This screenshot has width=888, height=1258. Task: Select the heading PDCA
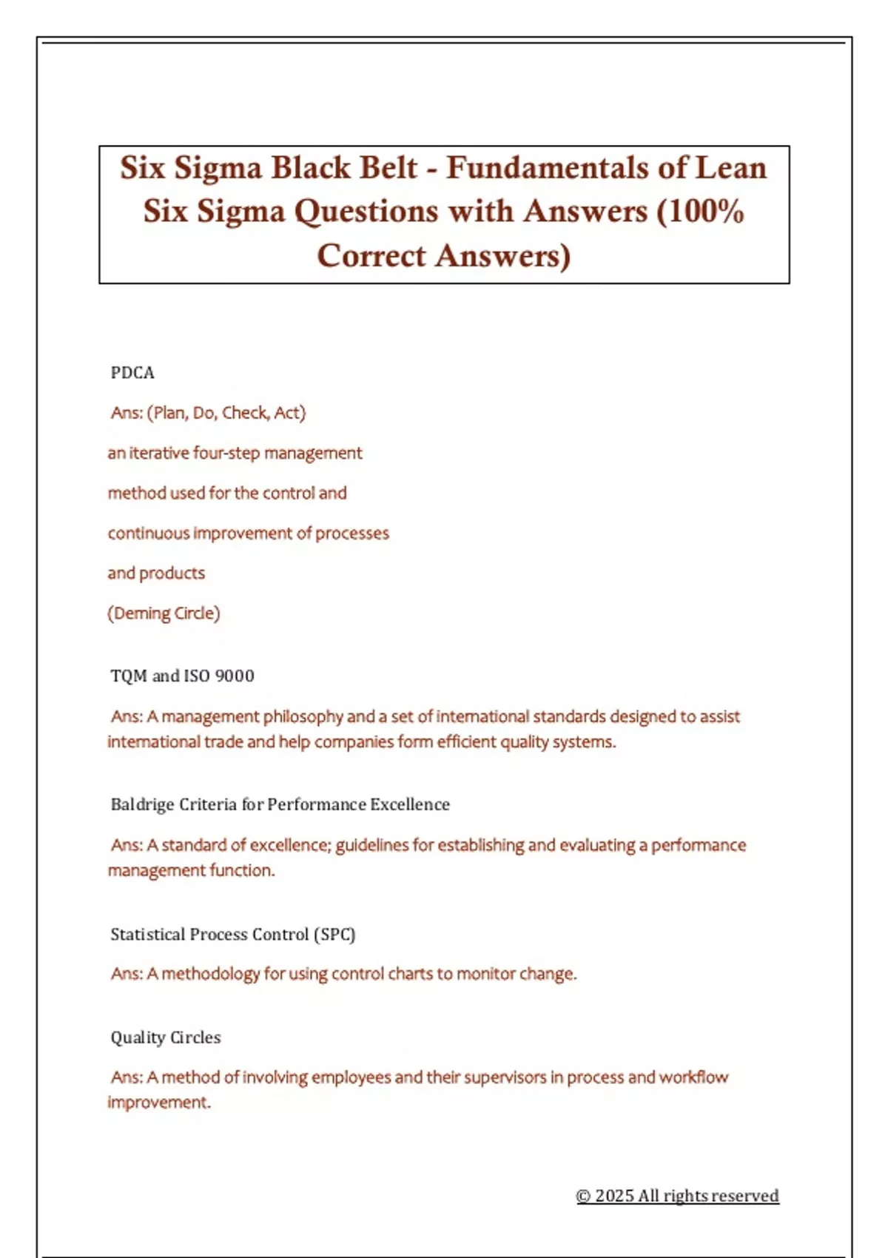click(x=132, y=373)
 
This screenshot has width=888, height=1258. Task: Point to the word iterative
click(x=159, y=453)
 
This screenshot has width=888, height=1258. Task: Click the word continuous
click(x=148, y=534)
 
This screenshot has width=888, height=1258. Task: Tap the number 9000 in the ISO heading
click(x=235, y=676)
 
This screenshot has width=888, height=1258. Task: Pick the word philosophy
click(x=303, y=716)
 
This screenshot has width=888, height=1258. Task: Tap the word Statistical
click(x=148, y=935)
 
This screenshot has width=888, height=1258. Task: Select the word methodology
click(x=210, y=974)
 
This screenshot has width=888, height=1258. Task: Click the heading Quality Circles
click(x=166, y=1037)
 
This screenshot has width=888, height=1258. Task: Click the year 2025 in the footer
click(x=614, y=1196)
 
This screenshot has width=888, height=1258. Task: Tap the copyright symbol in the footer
click(x=583, y=1196)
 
